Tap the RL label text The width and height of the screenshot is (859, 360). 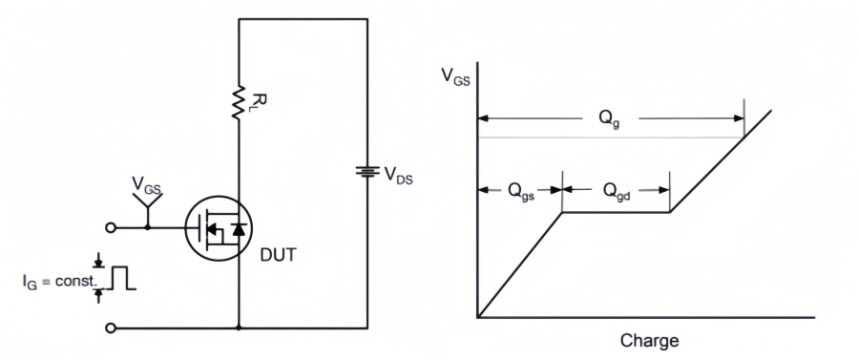[x=255, y=100]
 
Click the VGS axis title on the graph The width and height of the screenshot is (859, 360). [x=455, y=76]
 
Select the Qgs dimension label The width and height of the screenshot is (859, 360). [x=520, y=189]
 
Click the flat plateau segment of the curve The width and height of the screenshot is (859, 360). [x=617, y=212]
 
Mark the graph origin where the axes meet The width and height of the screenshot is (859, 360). [x=476, y=317]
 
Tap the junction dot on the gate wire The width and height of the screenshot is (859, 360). [x=147, y=228]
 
